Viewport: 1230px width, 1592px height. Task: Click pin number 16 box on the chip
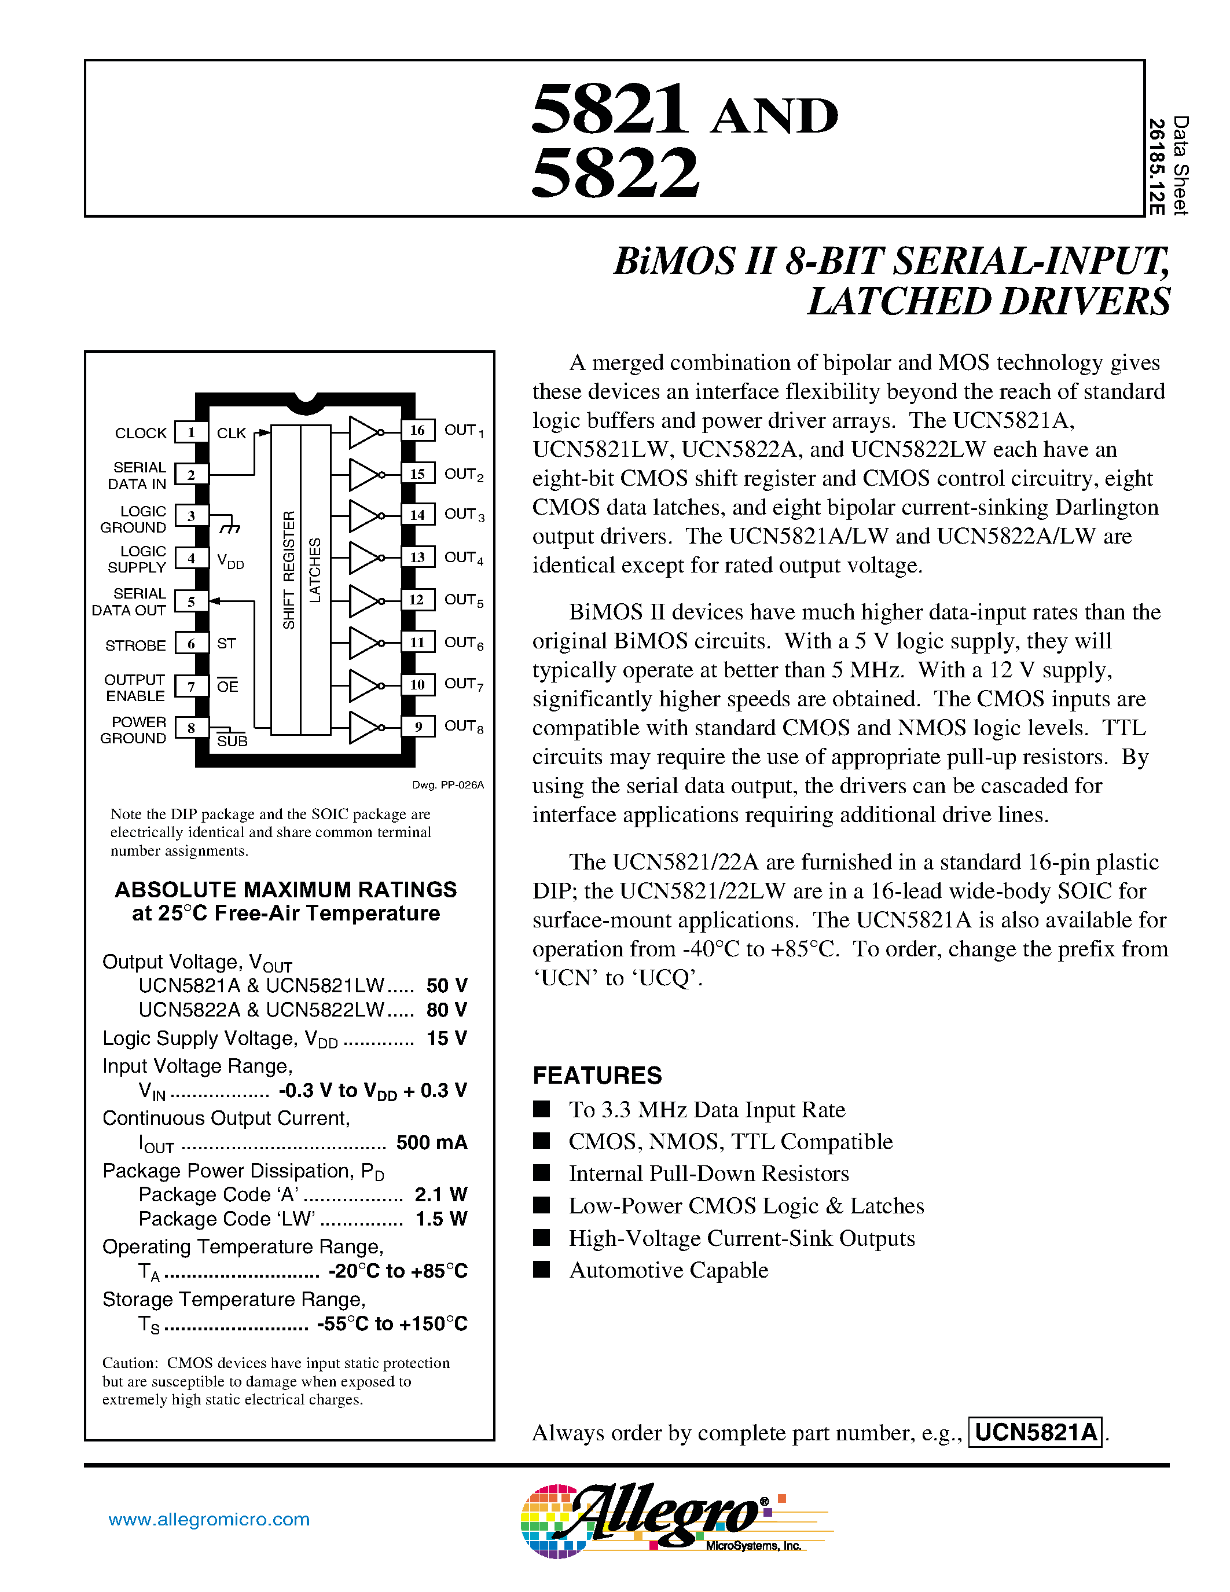[x=417, y=430]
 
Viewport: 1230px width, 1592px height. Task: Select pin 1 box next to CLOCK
[x=191, y=432]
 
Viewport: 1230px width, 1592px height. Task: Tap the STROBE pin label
[x=135, y=645]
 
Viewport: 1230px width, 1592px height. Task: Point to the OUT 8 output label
[x=464, y=726]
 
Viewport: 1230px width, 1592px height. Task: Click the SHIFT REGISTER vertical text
[x=289, y=570]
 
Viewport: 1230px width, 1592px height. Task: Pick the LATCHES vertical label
[x=315, y=570]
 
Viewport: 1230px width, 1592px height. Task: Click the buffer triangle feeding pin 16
[x=364, y=432]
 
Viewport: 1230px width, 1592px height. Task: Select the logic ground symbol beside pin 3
[x=230, y=525]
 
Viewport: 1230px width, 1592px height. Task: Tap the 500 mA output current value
[x=431, y=1142]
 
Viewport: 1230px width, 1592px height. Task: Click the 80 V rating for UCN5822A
[x=446, y=1010]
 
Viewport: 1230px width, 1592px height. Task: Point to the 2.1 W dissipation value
[x=440, y=1194]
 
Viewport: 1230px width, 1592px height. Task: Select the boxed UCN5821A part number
[x=1035, y=1432]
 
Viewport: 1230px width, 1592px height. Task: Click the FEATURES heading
[x=597, y=1075]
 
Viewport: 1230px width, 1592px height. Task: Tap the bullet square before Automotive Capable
[x=541, y=1269]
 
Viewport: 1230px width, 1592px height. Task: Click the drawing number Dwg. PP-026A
[x=447, y=785]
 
